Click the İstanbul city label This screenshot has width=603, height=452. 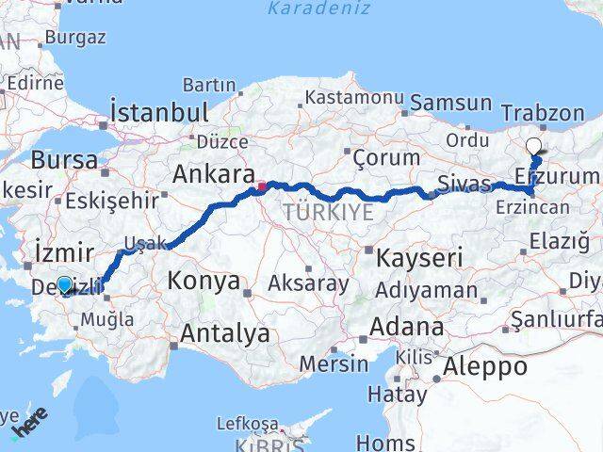click(158, 112)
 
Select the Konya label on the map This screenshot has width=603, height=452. click(204, 282)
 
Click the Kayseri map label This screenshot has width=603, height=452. click(419, 257)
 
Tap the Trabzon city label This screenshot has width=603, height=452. click(544, 113)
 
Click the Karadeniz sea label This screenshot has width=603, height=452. click(305, 10)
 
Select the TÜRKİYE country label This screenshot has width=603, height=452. click(328, 213)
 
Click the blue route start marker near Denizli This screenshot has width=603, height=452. click(64, 284)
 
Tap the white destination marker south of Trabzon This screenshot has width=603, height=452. click(534, 147)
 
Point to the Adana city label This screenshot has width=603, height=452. click(407, 328)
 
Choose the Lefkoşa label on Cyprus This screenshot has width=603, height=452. click(244, 423)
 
